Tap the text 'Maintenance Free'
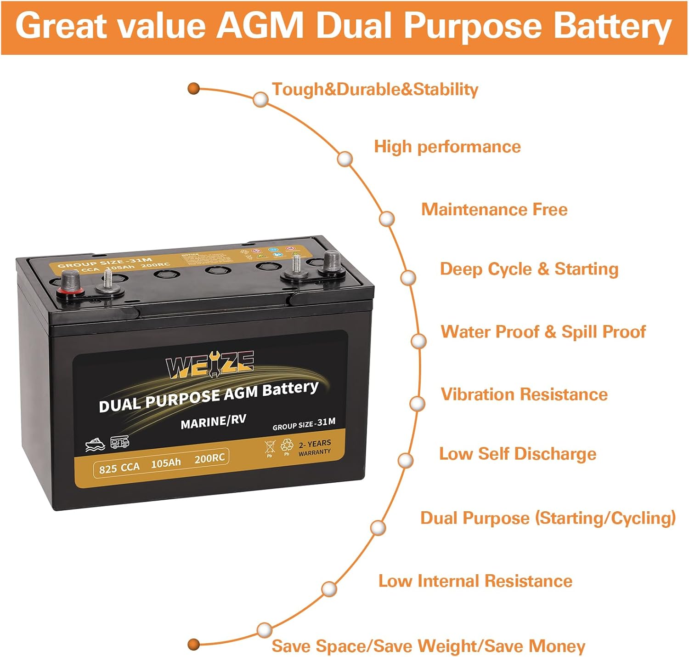(494, 210)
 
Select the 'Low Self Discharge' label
(518, 454)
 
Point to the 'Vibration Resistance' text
(524, 394)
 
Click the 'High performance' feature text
(447, 147)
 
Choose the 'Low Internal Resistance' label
(475, 581)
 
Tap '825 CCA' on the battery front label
(119, 468)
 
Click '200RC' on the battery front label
(209, 458)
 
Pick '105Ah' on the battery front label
(166, 463)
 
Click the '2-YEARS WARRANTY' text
(315, 447)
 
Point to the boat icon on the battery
(95, 444)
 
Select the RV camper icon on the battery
(120, 442)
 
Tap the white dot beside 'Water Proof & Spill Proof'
(418, 341)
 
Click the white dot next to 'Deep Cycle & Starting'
(408, 278)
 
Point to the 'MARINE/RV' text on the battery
(214, 421)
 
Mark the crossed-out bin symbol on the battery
(270, 446)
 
